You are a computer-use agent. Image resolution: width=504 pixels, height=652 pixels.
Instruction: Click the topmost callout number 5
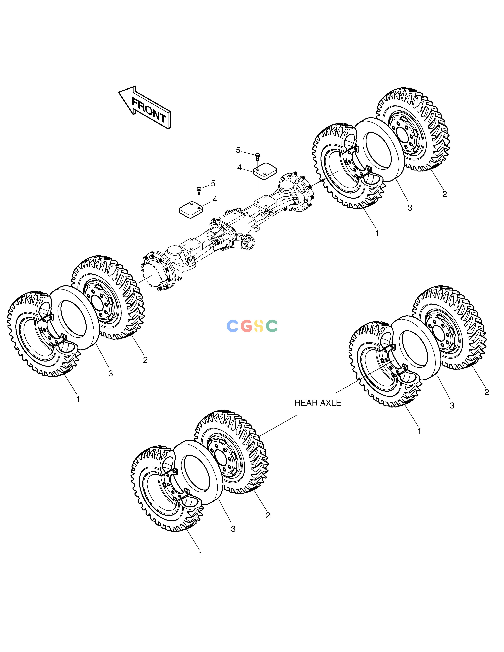[x=238, y=150]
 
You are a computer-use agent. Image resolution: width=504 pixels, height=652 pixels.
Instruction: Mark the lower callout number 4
[x=215, y=199]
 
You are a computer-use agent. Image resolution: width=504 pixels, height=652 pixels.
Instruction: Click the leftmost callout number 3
[x=110, y=373]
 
